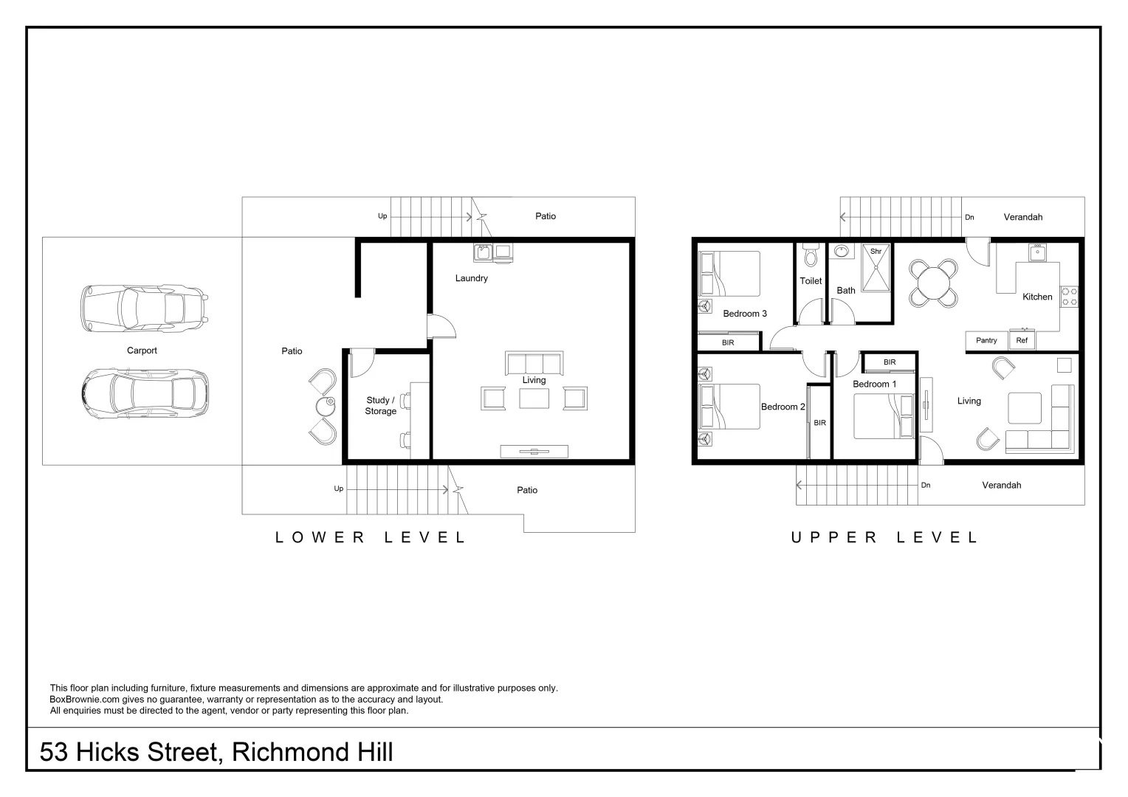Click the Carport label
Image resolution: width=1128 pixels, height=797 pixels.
[142, 351]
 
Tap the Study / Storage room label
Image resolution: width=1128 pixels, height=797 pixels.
[380, 406]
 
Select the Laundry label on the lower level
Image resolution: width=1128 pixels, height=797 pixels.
[471, 278]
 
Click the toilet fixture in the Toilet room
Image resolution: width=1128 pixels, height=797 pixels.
[811, 255]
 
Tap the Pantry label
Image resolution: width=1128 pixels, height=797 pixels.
[986, 340]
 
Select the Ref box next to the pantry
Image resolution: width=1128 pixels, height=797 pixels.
[1022, 340]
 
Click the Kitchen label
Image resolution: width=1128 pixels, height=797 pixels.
[1036, 297]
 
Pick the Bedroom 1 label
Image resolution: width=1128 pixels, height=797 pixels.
[874, 384]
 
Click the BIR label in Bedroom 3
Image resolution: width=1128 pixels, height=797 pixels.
[728, 342]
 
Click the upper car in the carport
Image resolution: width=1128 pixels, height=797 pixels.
[143, 308]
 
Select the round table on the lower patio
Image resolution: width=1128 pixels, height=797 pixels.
[326, 405]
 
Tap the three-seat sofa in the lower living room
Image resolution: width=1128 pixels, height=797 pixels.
[534, 363]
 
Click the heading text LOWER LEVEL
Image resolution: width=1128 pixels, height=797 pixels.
[371, 538]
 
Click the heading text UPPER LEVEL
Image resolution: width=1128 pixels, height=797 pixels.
[884, 538]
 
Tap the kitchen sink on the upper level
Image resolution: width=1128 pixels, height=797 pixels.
[1036, 252]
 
